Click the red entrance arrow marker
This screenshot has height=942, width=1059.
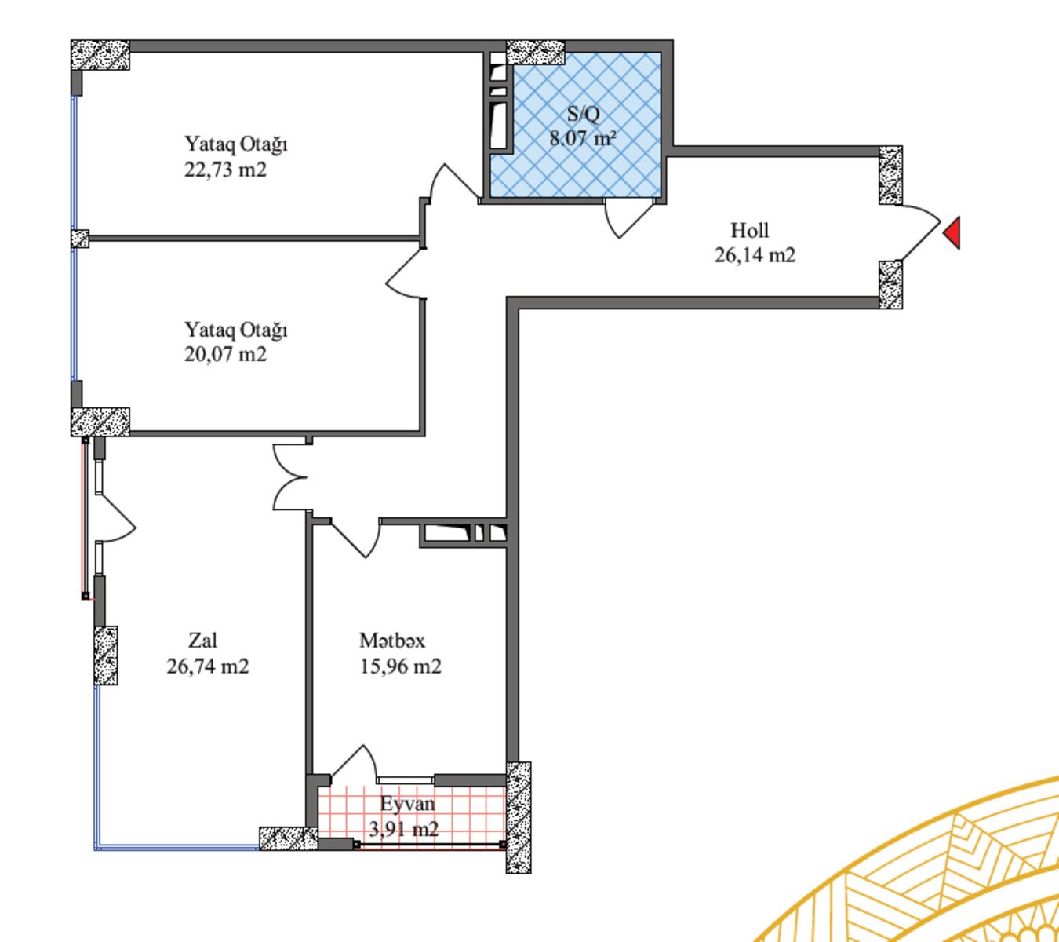[953, 233]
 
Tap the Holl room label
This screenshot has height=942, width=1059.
[750, 230]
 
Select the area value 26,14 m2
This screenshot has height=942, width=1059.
[755, 255]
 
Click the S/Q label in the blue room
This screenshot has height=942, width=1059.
[583, 114]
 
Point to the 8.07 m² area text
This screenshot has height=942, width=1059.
[583, 138]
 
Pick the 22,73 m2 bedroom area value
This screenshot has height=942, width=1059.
[225, 170]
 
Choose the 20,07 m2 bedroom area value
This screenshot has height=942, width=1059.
[225, 354]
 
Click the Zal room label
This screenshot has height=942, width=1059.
[203, 641]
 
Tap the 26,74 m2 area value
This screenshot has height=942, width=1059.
[208, 666]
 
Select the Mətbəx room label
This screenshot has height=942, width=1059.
[392, 641]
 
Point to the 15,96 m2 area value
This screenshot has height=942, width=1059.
[400, 666]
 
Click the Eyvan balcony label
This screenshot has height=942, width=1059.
[407, 803]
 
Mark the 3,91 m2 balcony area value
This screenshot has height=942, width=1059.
[403, 828]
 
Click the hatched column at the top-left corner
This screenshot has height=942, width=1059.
[100, 54]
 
